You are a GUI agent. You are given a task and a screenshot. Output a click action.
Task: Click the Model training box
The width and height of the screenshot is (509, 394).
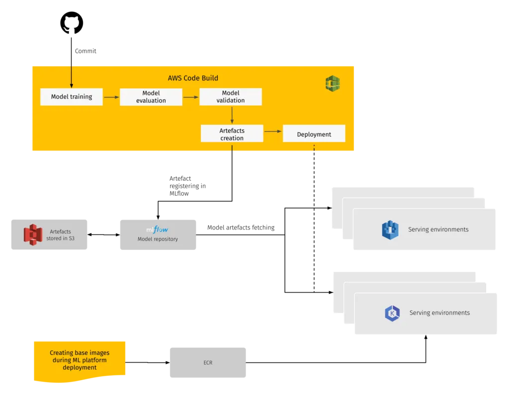(x=72, y=97)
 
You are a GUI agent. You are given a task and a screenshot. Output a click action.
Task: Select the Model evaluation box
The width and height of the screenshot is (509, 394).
(x=151, y=97)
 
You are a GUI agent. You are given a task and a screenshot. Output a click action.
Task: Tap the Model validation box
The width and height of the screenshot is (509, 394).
(x=231, y=97)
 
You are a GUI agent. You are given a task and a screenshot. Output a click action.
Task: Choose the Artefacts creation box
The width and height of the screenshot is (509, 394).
(x=232, y=134)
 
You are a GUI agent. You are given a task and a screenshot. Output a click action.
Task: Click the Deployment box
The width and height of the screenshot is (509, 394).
(x=314, y=134)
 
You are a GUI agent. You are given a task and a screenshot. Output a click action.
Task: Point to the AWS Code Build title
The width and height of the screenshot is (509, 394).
(x=193, y=78)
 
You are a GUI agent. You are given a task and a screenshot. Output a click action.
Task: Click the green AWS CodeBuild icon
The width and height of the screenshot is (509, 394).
(x=333, y=83)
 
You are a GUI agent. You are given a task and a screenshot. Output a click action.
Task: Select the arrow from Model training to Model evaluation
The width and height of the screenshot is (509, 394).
(x=111, y=97)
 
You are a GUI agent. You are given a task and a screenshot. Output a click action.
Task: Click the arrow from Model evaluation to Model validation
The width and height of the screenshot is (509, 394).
(x=191, y=97)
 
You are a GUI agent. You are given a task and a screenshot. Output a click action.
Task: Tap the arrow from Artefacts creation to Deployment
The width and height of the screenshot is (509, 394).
(x=273, y=131)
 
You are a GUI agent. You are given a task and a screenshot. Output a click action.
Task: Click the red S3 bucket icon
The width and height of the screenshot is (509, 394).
(x=33, y=234)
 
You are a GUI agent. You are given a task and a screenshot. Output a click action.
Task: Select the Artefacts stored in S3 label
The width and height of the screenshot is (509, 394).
(x=60, y=235)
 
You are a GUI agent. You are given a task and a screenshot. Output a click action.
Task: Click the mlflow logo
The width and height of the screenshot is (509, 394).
(x=157, y=230)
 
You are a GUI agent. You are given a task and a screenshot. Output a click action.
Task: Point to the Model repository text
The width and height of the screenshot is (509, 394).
(x=158, y=239)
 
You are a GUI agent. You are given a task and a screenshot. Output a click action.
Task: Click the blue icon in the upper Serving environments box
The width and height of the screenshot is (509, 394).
(x=390, y=230)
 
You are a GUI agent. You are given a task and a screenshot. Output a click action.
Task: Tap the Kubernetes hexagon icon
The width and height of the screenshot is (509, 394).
(x=392, y=313)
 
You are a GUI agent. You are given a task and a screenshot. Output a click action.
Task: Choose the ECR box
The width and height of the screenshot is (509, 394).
(x=207, y=363)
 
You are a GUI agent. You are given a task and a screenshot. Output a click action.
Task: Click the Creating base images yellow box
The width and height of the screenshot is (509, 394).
(x=80, y=360)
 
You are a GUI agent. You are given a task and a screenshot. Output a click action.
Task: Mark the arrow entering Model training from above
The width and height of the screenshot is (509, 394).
(x=72, y=77)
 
